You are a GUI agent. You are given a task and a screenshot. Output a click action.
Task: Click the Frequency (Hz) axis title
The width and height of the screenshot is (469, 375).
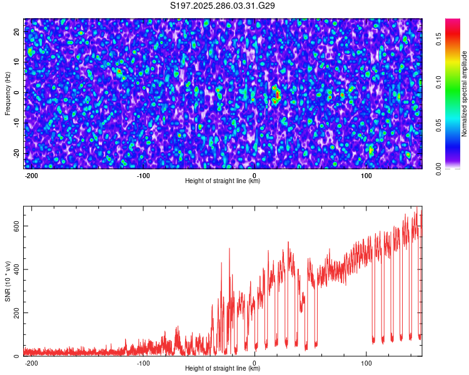coord(8,92)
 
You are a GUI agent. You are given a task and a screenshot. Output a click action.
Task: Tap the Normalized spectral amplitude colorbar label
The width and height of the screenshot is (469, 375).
coord(465,93)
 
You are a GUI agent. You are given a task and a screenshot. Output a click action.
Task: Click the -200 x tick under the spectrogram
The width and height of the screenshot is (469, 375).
coord(31,175)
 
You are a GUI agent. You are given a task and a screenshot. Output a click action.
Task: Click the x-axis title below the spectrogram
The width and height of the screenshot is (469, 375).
coord(223,181)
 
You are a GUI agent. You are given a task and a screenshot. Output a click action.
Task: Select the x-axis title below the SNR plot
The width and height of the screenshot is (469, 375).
coord(223,369)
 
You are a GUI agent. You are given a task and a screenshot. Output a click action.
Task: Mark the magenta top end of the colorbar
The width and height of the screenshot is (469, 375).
coord(453,21)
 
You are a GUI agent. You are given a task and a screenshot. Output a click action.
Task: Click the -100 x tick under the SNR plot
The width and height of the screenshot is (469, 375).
coord(143,362)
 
